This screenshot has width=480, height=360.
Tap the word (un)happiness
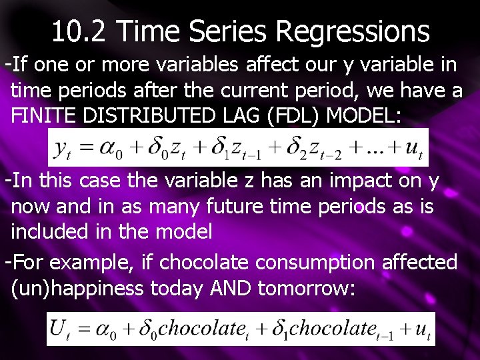[x=77, y=288]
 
